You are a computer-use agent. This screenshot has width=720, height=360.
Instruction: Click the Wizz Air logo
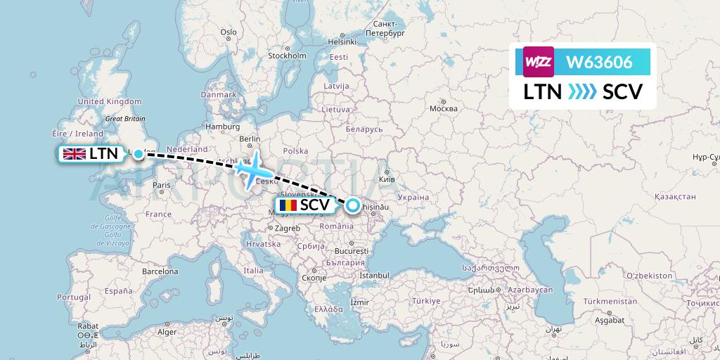click(539, 61)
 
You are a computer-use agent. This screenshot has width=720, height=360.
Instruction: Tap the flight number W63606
click(598, 62)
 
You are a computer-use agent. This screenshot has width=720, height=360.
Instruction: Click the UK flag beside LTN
click(75, 154)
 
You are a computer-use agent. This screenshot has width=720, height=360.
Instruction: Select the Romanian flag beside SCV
click(288, 205)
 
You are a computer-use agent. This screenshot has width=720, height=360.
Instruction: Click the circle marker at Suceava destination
click(352, 205)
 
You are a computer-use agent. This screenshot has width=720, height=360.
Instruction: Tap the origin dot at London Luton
click(139, 154)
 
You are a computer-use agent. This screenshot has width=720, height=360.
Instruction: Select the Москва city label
click(443, 108)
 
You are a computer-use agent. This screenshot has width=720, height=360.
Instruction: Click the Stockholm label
click(287, 56)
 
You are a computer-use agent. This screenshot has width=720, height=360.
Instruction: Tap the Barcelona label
click(160, 271)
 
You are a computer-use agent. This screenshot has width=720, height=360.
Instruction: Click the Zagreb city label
click(287, 228)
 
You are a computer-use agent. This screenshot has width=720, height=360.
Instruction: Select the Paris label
click(162, 186)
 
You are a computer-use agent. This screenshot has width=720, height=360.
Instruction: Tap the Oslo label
click(229, 32)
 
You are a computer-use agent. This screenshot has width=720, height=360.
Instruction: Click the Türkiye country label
click(426, 300)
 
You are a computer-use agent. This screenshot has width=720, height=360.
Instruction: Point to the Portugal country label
click(75, 297)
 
